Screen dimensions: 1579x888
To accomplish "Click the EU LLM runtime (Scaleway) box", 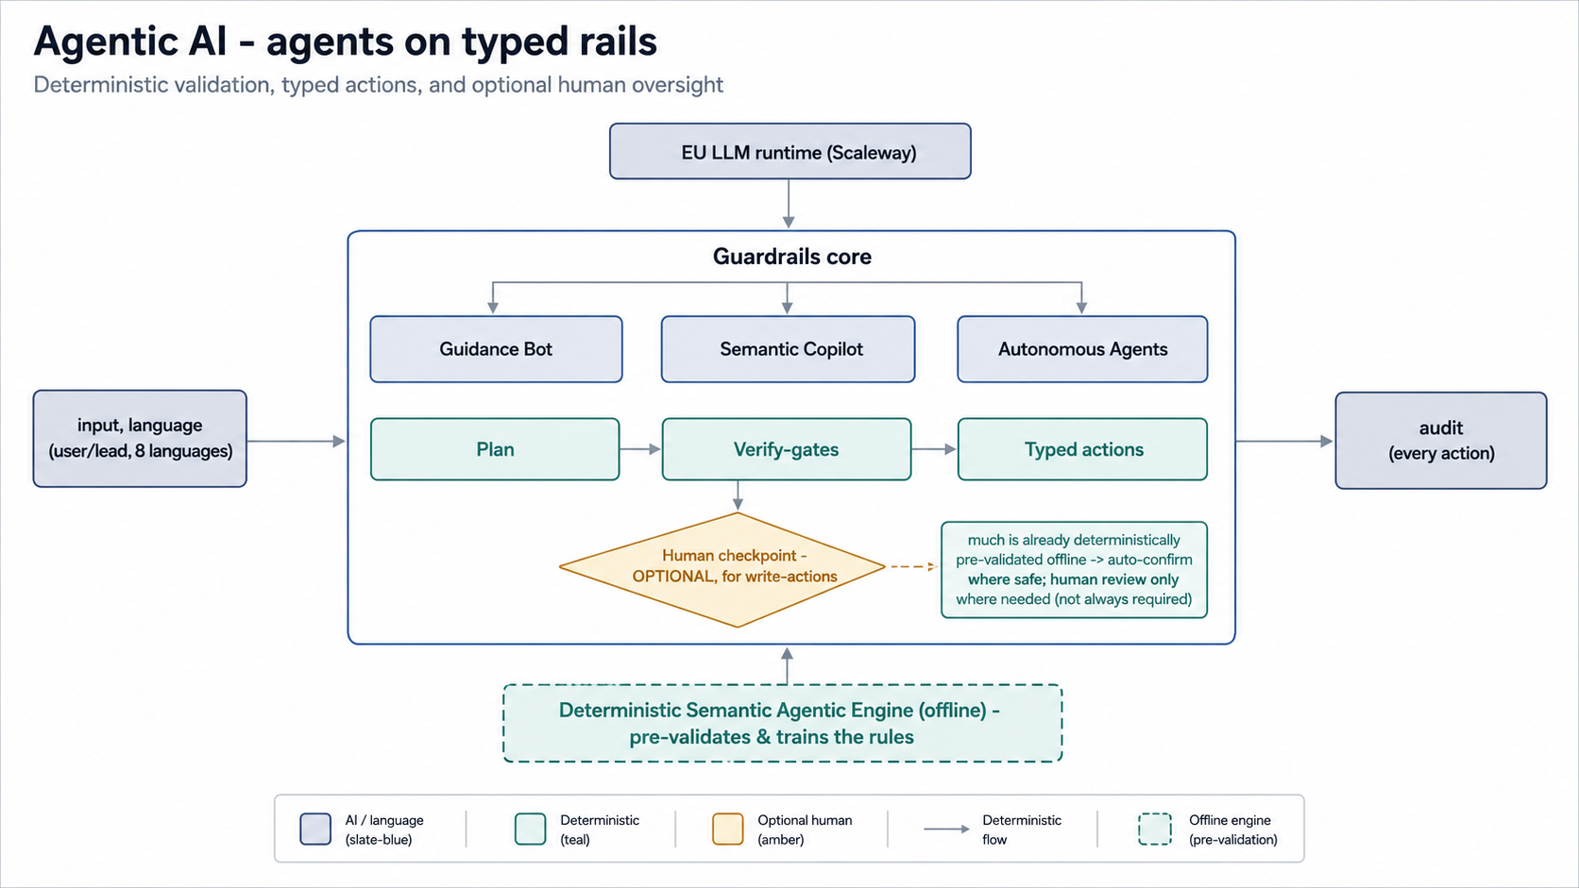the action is (790, 151).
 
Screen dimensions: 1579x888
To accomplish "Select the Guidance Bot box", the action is (496, 349).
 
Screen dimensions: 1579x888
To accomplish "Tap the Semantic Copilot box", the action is (789, 349).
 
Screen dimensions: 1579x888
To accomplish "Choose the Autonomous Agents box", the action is (1083, 349).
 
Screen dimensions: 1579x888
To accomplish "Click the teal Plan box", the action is (495, 449).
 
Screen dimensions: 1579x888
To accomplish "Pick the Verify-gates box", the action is (787, 449).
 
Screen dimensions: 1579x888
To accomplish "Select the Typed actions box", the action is (1083, 449).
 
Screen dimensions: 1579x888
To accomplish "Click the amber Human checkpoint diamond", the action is (722, 569).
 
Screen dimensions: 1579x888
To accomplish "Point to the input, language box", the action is (140, 439).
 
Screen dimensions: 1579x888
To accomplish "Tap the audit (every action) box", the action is (1441, 440).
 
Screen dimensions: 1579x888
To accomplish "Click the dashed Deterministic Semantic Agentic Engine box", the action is (783, 723).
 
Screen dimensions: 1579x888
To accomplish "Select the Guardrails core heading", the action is (791, 257).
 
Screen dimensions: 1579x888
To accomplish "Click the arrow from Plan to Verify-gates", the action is (640, 449).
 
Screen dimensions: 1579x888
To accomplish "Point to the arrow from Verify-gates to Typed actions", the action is (934, 449).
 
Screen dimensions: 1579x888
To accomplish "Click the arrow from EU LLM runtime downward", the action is (789, 204).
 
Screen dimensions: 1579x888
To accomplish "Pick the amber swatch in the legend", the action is (727, 829).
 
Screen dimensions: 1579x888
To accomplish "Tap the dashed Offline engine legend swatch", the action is (1155, 829).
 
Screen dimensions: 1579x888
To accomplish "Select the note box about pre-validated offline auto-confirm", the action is (1075, 570).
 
